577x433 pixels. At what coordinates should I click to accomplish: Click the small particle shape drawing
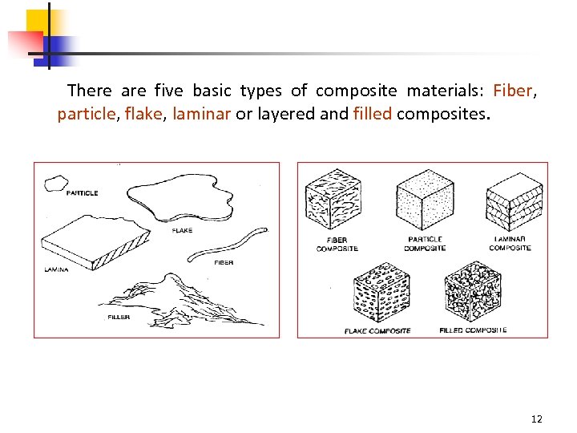pyautogui.click(x=56, y=184)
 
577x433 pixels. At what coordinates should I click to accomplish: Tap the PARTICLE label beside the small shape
pyautogui.click(x=82, y=193)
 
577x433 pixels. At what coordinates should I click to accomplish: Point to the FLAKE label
pyautogui.click(x=182, y=230)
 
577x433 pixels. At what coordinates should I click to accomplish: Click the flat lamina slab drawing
pyautogui.click(x=95, y=243)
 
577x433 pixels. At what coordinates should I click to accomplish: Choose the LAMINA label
pyautogui.click(x=56, y=269)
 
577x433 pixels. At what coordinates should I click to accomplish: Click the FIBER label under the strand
pyautogui.click(x=224, y=262)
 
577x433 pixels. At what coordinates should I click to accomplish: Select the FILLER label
pyautogui.click(x=119, y=317)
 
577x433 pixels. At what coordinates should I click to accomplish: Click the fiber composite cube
pyautogui.click(x=333, y=199)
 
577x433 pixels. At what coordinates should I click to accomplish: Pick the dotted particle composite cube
pyautogui.click(x=425, y=200)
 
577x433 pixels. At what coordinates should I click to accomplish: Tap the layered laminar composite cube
pyautogui.click(x=514, y=202)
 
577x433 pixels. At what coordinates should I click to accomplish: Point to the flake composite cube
pyautogui.click(x=381, y=292)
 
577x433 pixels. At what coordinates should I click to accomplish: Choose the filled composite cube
pyautogui.click(x=473, y=291)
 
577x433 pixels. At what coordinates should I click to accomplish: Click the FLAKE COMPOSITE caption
pyautogui.click(x=377, y=331)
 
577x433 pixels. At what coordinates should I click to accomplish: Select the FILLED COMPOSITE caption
pyautogui.click(x=473, y=330)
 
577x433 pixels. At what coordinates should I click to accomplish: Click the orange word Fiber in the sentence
pyautogui.click(x=513, y=91)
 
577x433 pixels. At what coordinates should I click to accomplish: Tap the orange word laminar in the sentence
pyautogui.click(x=202, y=114)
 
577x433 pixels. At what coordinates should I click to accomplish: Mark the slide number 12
pyautogui.click(x=536, y=419)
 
